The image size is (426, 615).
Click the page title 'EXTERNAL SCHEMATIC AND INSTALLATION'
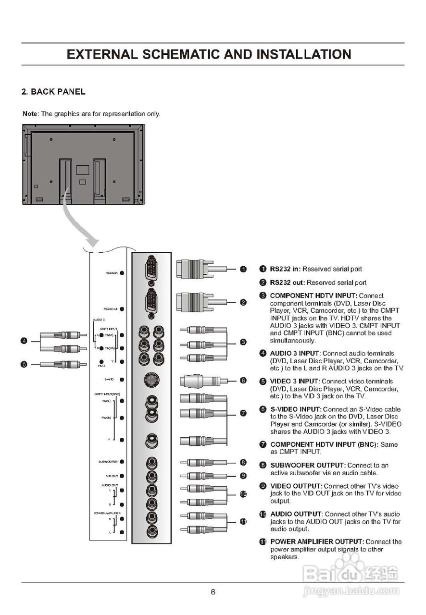coord(209,54)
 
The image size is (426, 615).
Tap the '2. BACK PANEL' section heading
coord(53,92)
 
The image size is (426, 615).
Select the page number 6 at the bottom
coord(213,591)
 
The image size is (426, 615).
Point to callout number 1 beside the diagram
coord(243,269)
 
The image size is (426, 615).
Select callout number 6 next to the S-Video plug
coord(243,381)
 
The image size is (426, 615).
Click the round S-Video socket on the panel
coord(151,381)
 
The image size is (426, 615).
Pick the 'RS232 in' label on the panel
coord(112,273)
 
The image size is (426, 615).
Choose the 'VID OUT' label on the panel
coord(112,476)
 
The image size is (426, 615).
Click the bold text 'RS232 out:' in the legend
coord(287,283)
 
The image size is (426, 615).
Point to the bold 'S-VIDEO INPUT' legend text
coord(293,409)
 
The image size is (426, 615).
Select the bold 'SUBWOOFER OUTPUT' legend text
coord(308,466)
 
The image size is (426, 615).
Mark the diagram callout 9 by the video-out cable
coord(243,476)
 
